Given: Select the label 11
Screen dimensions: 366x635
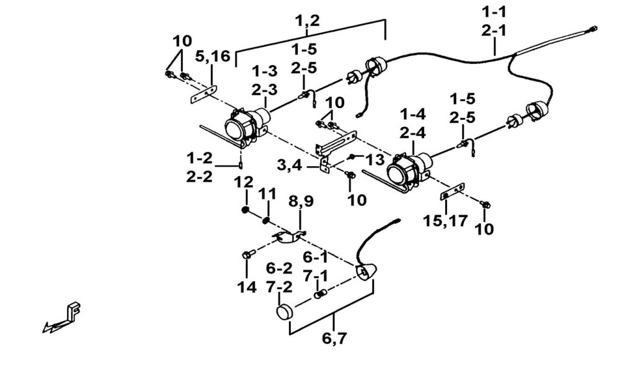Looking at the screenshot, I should [267, 194].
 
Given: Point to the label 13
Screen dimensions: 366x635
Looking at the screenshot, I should [375, 159].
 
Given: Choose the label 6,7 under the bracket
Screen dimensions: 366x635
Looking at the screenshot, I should [335, 339].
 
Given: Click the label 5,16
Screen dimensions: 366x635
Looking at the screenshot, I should [213, 56].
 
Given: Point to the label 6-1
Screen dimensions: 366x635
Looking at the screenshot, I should [316, 256].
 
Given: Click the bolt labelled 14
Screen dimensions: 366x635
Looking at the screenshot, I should [246, 255].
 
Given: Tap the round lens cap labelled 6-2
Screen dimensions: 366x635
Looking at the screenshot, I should [285, 311].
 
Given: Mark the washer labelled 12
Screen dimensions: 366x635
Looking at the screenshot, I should [246, 210].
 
